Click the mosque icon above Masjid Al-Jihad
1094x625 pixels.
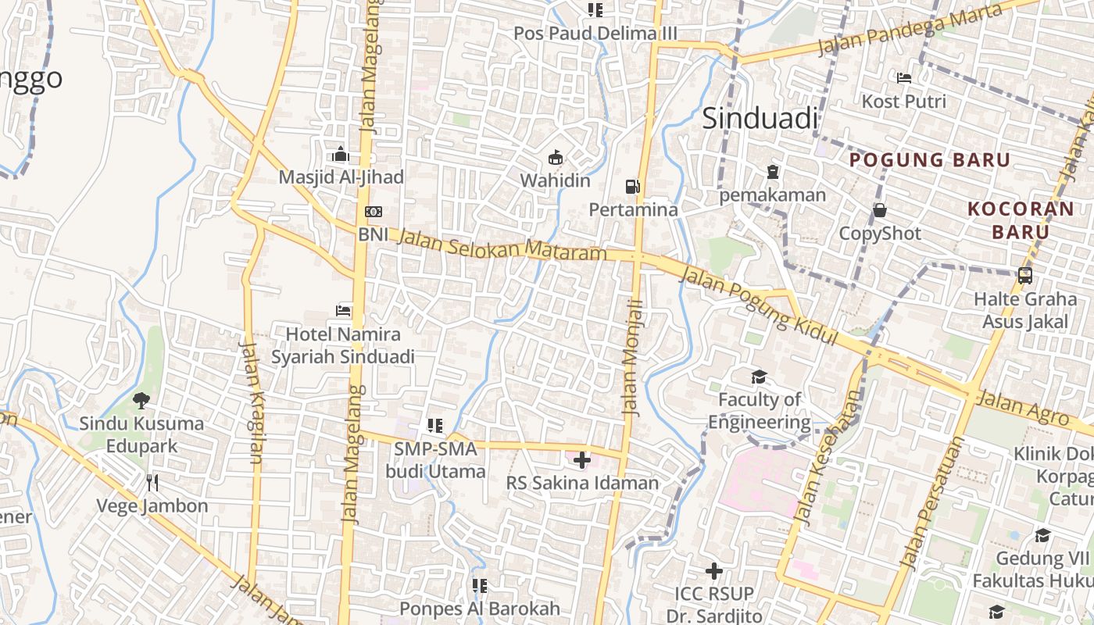[x=341, y=154]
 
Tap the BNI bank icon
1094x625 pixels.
[x=374, y=212]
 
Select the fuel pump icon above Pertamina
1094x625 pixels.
[x=632, y=187]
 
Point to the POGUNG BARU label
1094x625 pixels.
[x=930, y=160]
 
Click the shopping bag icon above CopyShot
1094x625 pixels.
[x=880, y=210]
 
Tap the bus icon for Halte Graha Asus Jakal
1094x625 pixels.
[x=1024, y=276]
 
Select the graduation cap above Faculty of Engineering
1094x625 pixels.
[x=759, y=377]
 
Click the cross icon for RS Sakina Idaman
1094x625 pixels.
[x=582, y=460]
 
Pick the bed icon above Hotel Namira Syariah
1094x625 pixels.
[x=343, y=310]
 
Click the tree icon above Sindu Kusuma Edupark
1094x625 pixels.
[x=141, y=401]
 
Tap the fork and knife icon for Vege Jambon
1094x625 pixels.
[x=152, y=483]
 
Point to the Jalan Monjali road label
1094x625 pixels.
[x=633, y=357]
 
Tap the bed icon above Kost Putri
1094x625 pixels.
[x=904, y=78]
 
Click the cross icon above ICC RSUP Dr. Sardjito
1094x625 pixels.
[x=713, y=571]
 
